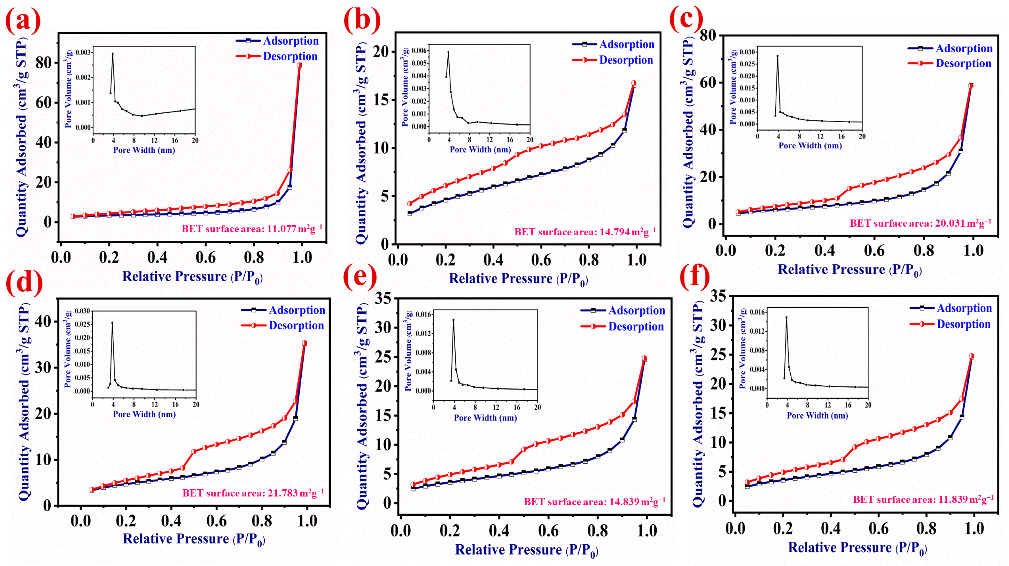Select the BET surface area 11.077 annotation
pos(252,229)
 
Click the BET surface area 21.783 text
pos(253,493)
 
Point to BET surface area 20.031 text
pos(921,224)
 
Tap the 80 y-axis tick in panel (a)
pos(44,63)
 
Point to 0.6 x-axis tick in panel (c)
pos(874,250)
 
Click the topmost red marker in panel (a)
pos(300,65)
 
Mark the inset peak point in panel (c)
pos(778,56)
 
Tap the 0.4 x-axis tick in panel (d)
pos(171,521)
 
